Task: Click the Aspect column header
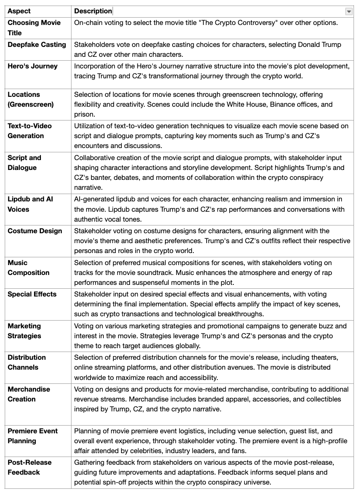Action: pyautogui.click(x=19, y=11)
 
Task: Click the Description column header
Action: pyautogui.click(x=93, y=11)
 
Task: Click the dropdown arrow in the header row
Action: pyautogui.click(x=348, y=12)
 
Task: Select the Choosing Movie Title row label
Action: pyautogui.click(x=34, y=28)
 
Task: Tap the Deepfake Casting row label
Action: pyautogui.click(x=37, y=44)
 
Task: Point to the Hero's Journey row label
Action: pyautogui.click(x=32, y=66)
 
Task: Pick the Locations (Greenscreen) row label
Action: pyautogui.click(x=31, y=99)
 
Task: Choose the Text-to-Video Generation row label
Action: pyautogui.click(x=29, y=131)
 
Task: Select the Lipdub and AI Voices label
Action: pyautogui.click(x=30, y=204)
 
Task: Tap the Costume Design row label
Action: pyautogui.click(x=35, y=231)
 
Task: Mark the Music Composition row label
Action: pyautogui.click(x=28, y=268)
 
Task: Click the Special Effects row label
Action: pyautogui.click(x=32, y=294)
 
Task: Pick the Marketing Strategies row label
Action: pyautogui.click(x=25, y=331)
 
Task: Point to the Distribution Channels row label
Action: pyautogui.click(x=27, y=362)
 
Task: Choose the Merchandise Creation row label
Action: pyautogui.click(x=29, y=394)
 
